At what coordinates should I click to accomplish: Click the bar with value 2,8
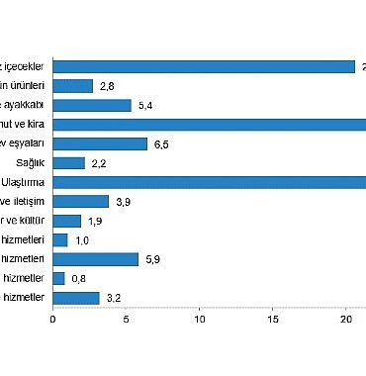click(72, 86)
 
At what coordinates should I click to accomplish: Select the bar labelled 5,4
click(91, 105)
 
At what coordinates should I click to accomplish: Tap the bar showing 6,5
click(100, 143)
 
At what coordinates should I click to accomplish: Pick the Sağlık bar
click(68, 163)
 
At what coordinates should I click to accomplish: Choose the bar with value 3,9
click(80, 202)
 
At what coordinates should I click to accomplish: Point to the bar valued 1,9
click(66, 221)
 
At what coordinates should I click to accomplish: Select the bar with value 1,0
click(59, 239)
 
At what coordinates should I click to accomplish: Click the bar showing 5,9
click(95, 259)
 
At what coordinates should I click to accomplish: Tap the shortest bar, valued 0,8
click(58, 278)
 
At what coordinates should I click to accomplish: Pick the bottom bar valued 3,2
click(75, 297)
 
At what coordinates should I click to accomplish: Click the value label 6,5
click(161, 144)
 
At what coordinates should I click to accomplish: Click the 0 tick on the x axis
click(52, 319)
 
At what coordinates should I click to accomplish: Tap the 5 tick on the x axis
click(127, 319)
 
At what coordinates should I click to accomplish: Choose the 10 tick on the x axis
click(200, 319)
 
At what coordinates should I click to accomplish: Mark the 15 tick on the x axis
click(274, 319)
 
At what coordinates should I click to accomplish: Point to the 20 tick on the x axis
click(347, 319)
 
